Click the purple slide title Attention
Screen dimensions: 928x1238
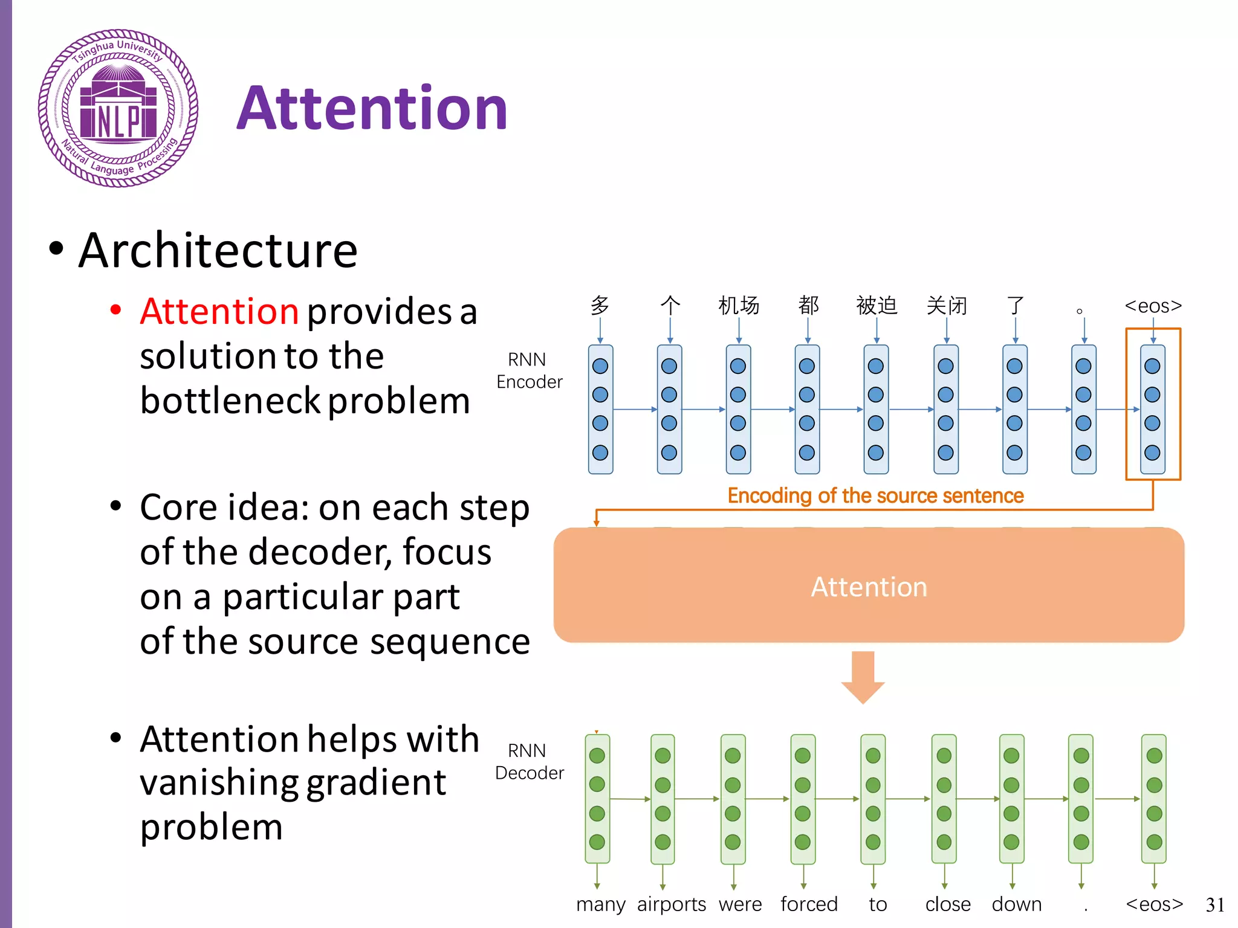coord(372,109)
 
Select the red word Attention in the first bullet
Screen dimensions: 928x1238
coord(219,312)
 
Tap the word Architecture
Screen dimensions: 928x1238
coord(218,251)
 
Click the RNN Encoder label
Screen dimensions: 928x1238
coord(529,370)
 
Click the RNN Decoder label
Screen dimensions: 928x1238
coord(529,761)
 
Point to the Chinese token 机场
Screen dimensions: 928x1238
coord(738,306)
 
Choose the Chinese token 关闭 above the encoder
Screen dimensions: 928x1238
coord(946,306)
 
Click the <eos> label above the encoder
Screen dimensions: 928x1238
coord(1153,306)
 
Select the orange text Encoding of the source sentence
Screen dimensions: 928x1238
coord(875,495)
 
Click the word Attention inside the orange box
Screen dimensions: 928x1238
coord(869,587)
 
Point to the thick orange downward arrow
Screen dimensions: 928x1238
coord(863,676)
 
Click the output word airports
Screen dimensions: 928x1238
coord(671,904)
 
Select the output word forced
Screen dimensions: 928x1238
coord(809,904)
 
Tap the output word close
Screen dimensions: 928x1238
coord(947,904)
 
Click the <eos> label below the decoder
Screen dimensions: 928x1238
coord(1154,904)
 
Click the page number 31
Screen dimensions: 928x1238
coord(1214,905)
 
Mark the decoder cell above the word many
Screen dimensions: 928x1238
coord(597,798)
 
